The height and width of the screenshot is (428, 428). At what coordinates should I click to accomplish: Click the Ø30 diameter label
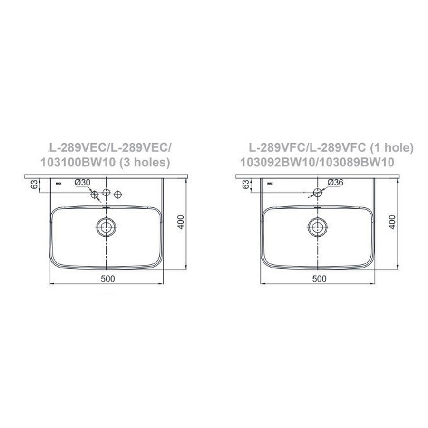point(83,183)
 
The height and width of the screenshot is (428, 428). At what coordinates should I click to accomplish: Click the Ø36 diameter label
point(335,183)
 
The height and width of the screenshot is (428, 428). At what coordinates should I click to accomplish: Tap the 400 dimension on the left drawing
point(180,222)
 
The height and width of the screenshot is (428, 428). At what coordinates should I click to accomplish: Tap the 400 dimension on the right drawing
point(392,222)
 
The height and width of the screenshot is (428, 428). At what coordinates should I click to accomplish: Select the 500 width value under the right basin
point(320,279)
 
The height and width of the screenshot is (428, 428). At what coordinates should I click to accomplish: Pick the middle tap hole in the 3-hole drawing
point(107,193)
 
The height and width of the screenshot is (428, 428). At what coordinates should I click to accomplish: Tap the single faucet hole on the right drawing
point(317,192)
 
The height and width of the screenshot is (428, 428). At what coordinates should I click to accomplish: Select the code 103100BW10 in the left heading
point(79,162)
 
